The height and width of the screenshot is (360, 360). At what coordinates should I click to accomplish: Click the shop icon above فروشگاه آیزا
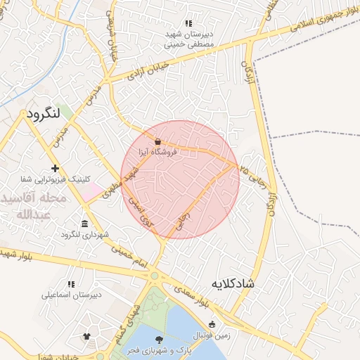[157, 141]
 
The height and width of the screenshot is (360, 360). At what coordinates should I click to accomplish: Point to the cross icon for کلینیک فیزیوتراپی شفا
[55, 169]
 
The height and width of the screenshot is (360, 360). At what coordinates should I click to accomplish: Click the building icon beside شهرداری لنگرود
[84, 224]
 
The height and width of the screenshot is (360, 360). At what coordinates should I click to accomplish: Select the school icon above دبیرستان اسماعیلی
[71, 284]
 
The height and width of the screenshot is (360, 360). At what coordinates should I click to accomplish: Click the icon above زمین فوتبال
[212, 324]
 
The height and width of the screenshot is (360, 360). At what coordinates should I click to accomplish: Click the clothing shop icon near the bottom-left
[86, 337]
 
